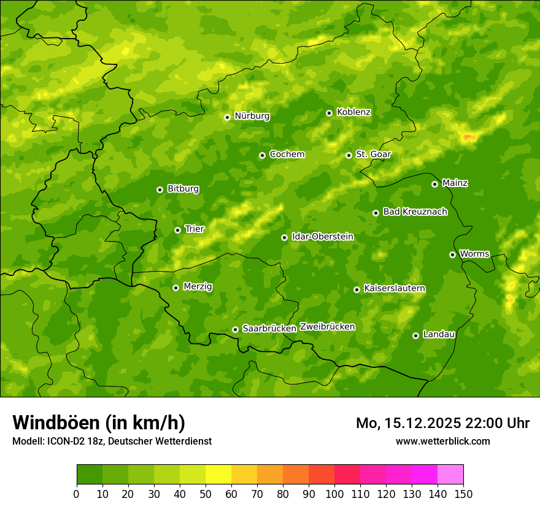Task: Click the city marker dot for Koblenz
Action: click(x=330, y=113)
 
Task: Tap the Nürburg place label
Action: click(x=252, y=116)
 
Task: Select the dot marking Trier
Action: click(x=178, y=230)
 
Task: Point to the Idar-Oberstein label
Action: click(x=322, y=236)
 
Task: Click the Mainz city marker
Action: click(x=434, y=184)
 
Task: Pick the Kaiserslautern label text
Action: click(x=395, y=288)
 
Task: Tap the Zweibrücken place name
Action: click(x=327, y=326)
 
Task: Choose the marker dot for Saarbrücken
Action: click(x=235, y=329)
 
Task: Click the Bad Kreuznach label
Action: click(x=415, y=212)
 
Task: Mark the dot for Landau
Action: click(x=415, y=335)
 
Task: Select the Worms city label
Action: click(x=474, y=253)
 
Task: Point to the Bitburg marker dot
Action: click(x=160, y=189)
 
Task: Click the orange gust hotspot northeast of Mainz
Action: click(x=469, y=137)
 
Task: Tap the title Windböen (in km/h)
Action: click(x=99, y=423)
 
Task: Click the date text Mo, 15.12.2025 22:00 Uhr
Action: click(x=442, y=423)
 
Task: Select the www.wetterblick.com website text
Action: click(x=442, y=441)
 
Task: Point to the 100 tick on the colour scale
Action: click(x=334, y=493)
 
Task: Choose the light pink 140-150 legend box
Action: click(x=450, y=474)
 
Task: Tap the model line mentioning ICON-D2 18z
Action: click(x=112, y=441)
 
